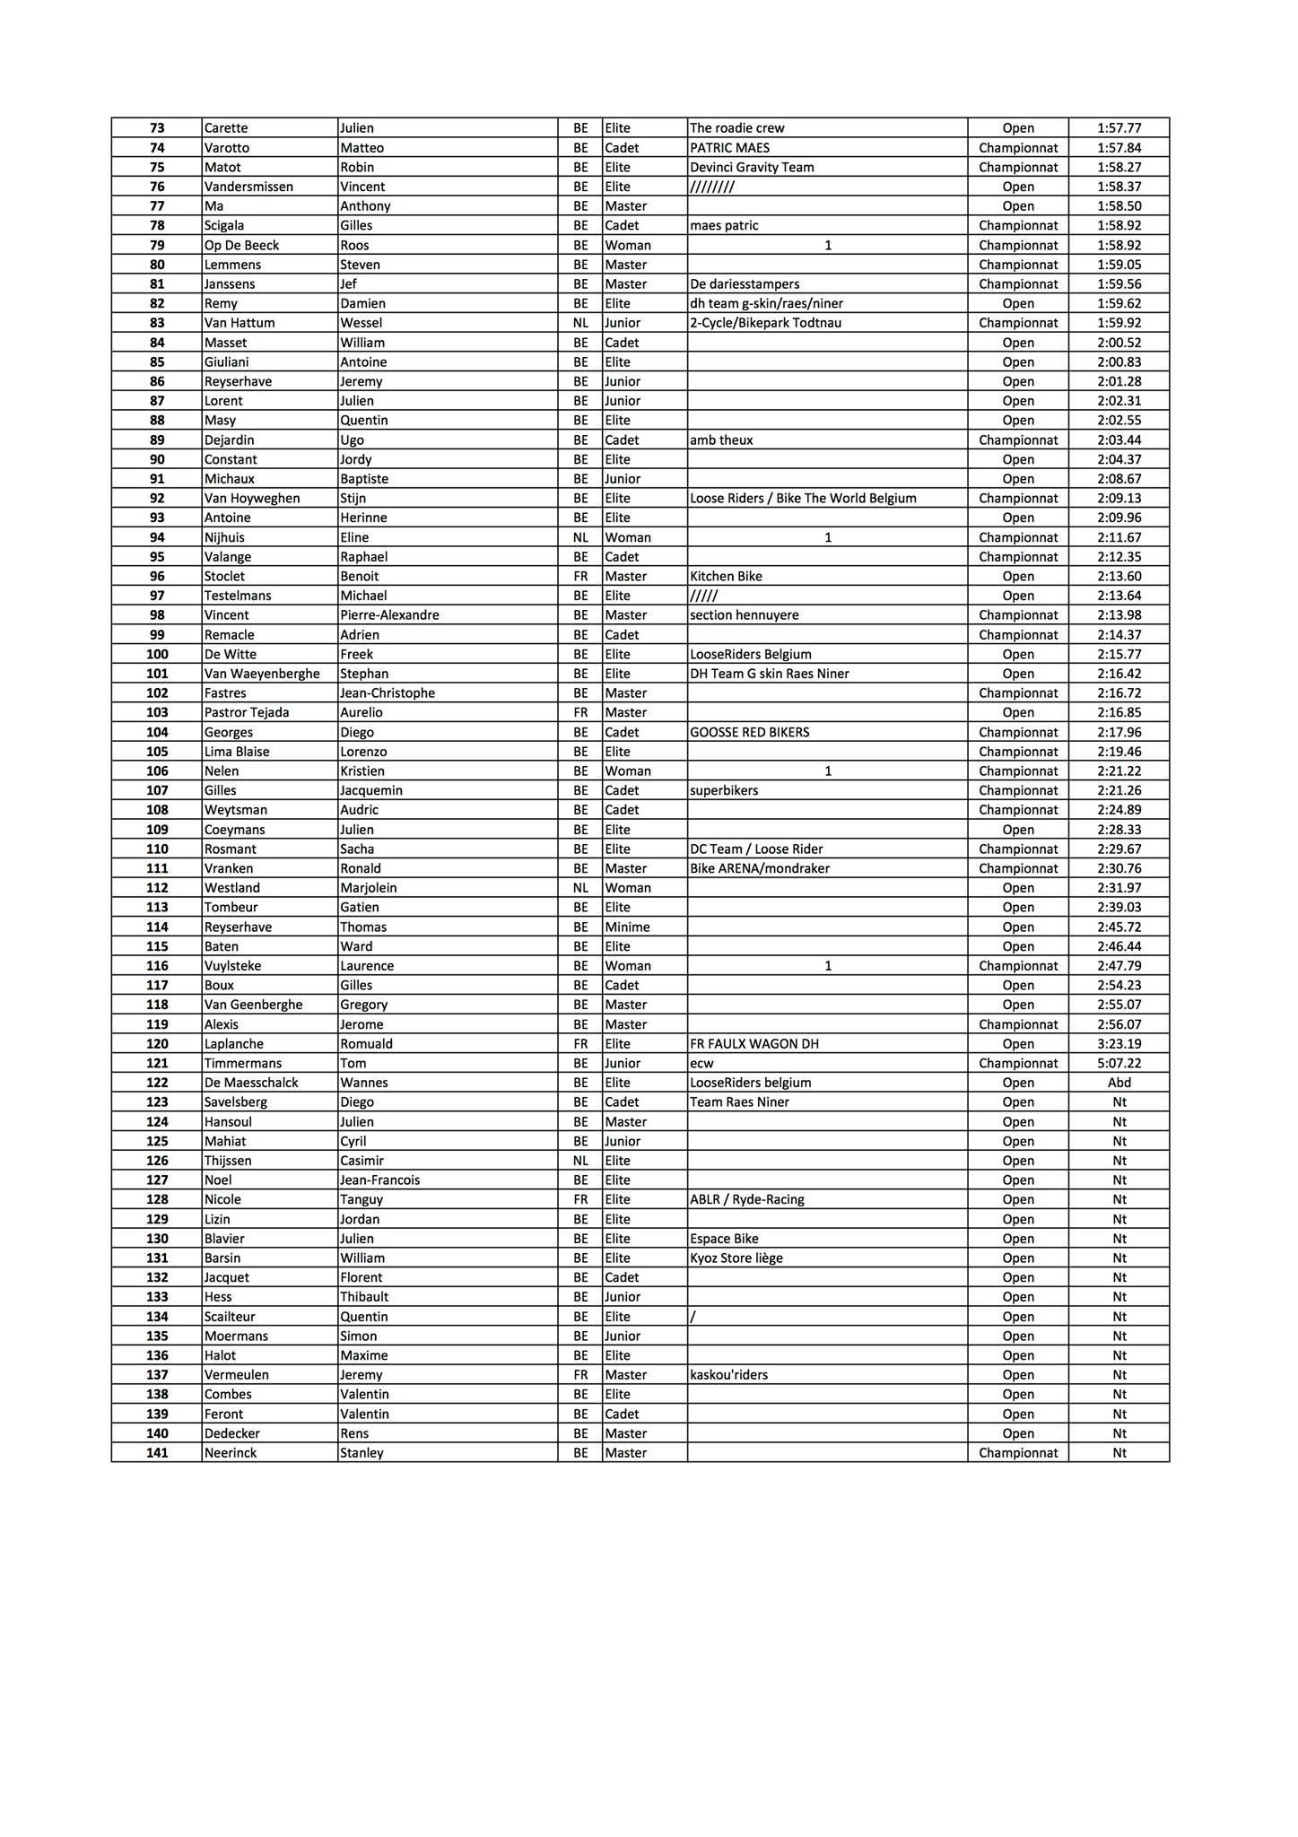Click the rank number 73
(157, 128)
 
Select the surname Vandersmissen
(248, 187)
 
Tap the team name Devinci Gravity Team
(752, 167)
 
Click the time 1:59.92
(1119, 323)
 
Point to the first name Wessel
(361, 323)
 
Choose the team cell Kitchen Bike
(726, 576)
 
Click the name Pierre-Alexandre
(389, 615)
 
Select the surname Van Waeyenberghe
(262, 674)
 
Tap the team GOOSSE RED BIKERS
(749, 732)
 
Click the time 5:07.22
(1119, 1063)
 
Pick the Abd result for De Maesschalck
(1119, 1083)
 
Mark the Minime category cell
(627, 927)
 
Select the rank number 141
(157, 1452)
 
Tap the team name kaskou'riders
(728, 1374)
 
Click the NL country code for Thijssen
(580, 1161)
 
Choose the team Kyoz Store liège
(736, 1258)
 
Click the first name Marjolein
(368, 888)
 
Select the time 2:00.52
(1119, 343)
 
